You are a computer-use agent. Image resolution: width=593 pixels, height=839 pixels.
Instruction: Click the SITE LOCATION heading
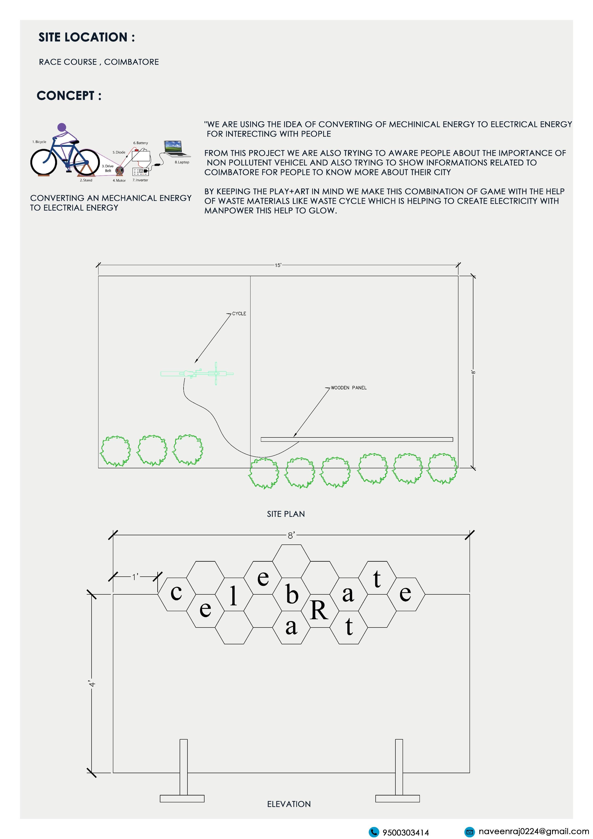pyautogui.click(x=86, y=37)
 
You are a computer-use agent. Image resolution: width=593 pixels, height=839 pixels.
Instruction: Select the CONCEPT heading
pyautogui.click(x=69, y=96)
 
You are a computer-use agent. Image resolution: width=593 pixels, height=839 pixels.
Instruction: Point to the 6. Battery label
pyautogui.click(x=141, y=143)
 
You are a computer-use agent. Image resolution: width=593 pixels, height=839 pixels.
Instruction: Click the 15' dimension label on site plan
pyautogui.click(x=278, y=265)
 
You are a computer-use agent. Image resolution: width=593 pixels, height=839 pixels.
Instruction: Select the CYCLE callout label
pyautogui.click(x=239, y=313)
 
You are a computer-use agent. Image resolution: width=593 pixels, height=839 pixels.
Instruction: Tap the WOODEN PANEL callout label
pyautogui.click(x=348, y=388)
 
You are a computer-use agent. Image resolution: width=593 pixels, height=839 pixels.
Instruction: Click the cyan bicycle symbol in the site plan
pyautogui.click(x=197, y=373)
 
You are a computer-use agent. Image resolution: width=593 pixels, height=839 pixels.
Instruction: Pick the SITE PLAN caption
pyautogui.click(x=286, y=514)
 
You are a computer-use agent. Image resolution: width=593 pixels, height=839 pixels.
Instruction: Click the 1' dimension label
pyautogui.click(x=135, y=577)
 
